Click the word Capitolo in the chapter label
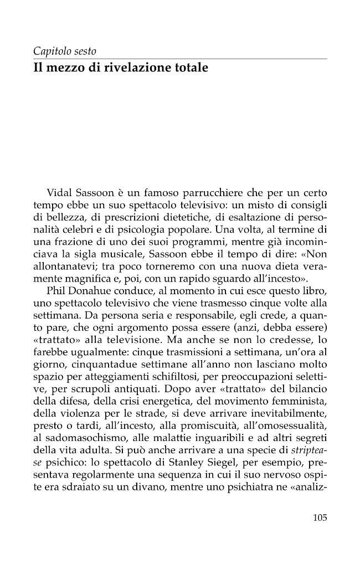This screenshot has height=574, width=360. coord(50,52)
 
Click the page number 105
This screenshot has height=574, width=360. coord(320,518)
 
